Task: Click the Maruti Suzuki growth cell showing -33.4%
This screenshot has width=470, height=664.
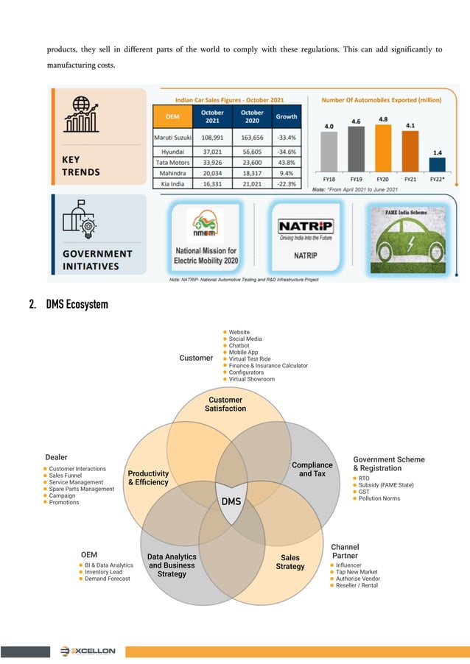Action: (x=287, y=138)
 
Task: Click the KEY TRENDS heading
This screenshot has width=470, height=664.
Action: (x=80, y=166)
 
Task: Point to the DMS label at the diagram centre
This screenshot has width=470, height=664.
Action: (x=231, y=501)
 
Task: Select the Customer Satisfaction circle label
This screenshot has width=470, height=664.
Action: (x=225, y=404)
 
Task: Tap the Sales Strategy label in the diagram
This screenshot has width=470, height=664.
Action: (x=290, y=562)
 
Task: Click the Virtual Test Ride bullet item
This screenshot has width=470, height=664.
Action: (x=250, y=359)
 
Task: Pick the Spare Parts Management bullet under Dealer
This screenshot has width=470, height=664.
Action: (x=82, y=489)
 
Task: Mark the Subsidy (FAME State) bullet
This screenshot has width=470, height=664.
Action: (x=386, y=485)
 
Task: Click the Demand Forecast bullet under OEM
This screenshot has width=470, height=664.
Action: (x=107, y=579)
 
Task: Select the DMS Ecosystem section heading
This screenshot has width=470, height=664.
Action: (x=77, y=304)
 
